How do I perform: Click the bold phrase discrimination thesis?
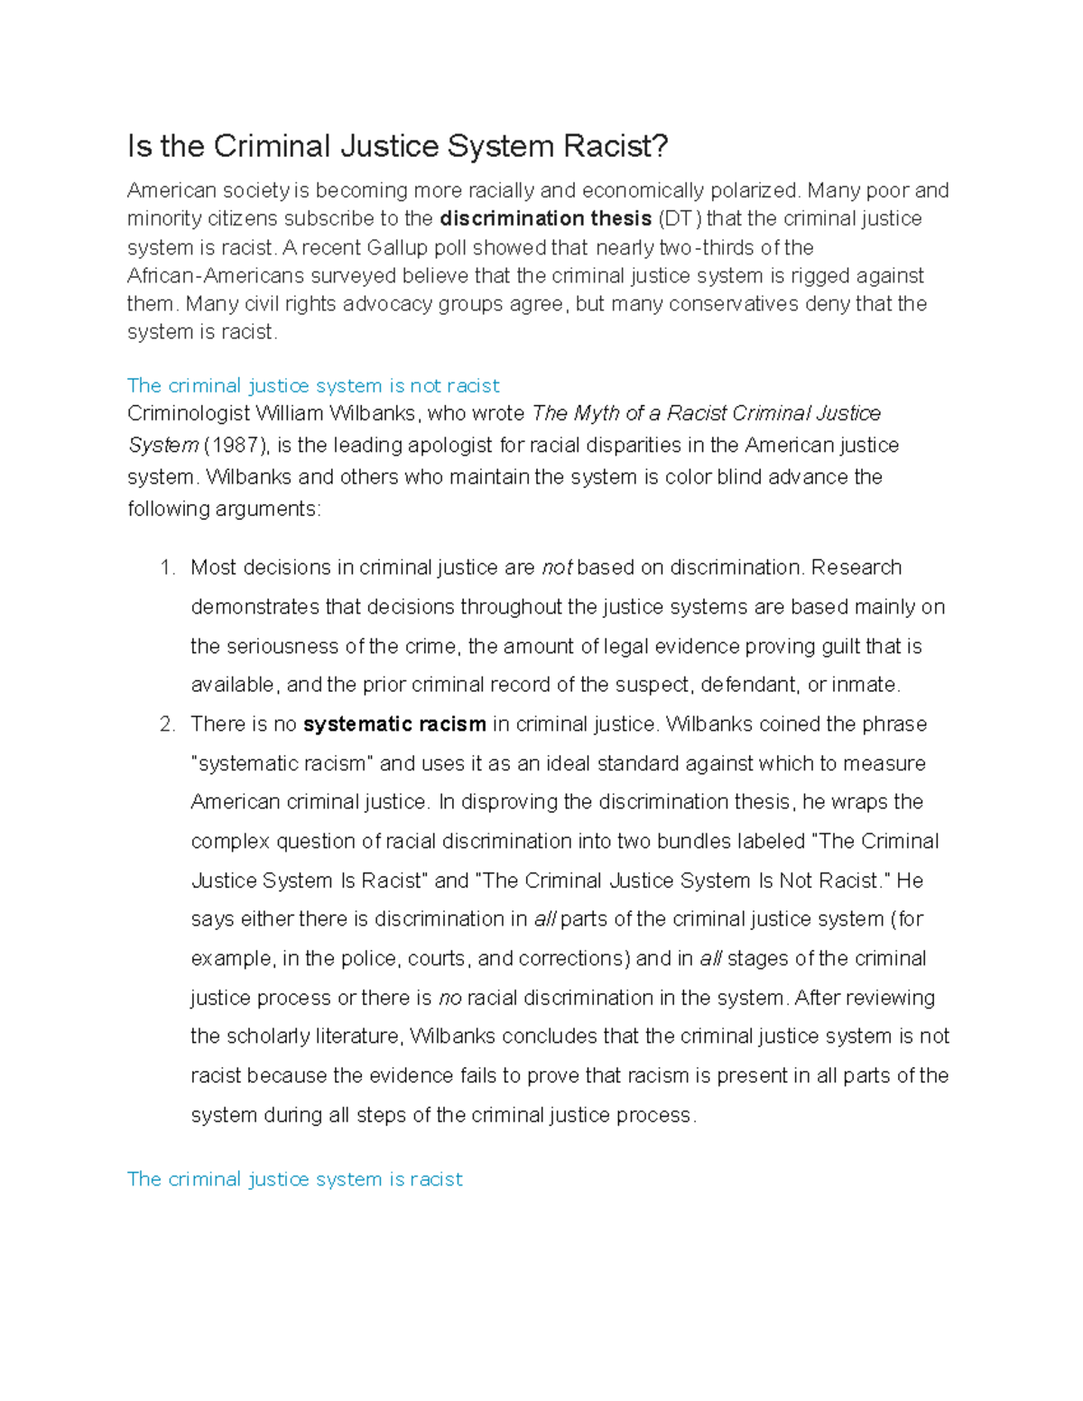(545, 218)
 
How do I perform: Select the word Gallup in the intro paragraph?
(399, 247)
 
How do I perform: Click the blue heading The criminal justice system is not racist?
(313, 386)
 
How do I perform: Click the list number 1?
(166, 567)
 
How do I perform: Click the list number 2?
(166, 724)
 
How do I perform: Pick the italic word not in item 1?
(557, 567)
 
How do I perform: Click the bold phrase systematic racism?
(394, 724)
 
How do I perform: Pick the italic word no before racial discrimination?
(449, 998)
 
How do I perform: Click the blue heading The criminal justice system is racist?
(294, 1179)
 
